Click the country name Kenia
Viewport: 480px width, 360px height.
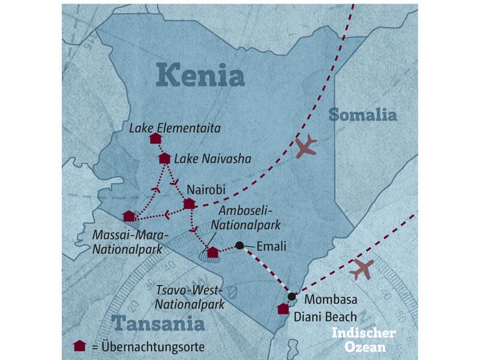(x=201, y=76)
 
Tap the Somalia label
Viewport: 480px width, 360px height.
(x=362, y=115)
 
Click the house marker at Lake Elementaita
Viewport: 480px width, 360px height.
(x=155, y=139)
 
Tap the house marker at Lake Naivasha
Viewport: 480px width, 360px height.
(x=164, y=158)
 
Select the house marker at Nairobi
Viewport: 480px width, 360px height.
(x=189, y=204)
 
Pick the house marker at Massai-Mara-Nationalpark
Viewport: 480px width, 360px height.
(x=128, y=216)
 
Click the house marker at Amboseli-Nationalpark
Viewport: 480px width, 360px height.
(x=212, y=252)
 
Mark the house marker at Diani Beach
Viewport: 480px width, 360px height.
(x=283, y=309)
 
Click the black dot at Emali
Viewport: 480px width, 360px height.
(x=239, y=245)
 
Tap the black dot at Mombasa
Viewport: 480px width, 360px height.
(x=292, y=296)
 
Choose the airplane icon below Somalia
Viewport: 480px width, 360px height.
(x=306, y=146)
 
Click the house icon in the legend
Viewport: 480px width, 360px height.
(x=78, y=346)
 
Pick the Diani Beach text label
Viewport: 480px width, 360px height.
(x=326, y=317)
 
